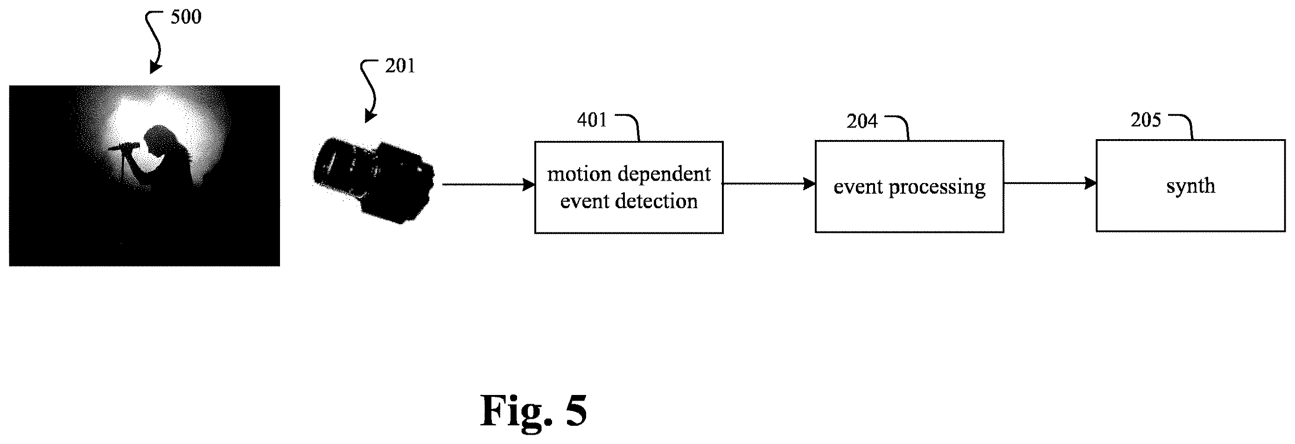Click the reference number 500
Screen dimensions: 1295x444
[186, 17]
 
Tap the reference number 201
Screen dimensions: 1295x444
[400, 66]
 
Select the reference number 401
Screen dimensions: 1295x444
[592, 120]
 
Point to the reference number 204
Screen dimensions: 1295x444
[861, 121]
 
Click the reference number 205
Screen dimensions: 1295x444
[1146, 120]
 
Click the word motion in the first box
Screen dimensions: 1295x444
[579, 174]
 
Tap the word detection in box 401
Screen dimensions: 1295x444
[657, 201]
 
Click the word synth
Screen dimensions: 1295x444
[1190, 186]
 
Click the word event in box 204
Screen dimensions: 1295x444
[858, 187]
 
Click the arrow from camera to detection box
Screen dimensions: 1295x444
[488, 184]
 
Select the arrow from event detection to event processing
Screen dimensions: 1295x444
[769, 183]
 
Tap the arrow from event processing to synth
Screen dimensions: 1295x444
[1050, 183]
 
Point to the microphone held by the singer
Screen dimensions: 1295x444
[123, 147]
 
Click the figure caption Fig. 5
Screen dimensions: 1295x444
[533, 410]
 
